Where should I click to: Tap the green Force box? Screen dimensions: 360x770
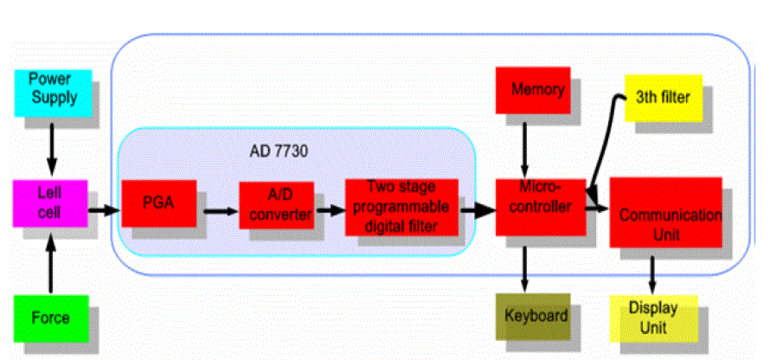coord(50,318)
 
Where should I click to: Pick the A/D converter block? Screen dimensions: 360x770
coord(276,206)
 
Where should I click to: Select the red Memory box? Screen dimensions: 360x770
coord(537,90)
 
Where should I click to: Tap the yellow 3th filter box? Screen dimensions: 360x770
coord(663,97)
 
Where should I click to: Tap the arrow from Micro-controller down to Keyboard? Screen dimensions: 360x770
coord(523,264)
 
